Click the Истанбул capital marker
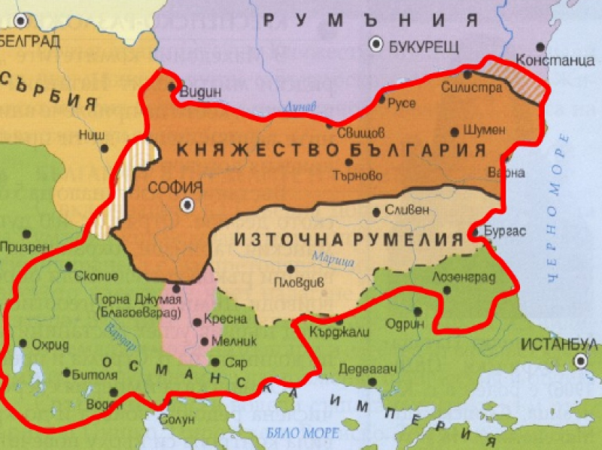tap(579, 361)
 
